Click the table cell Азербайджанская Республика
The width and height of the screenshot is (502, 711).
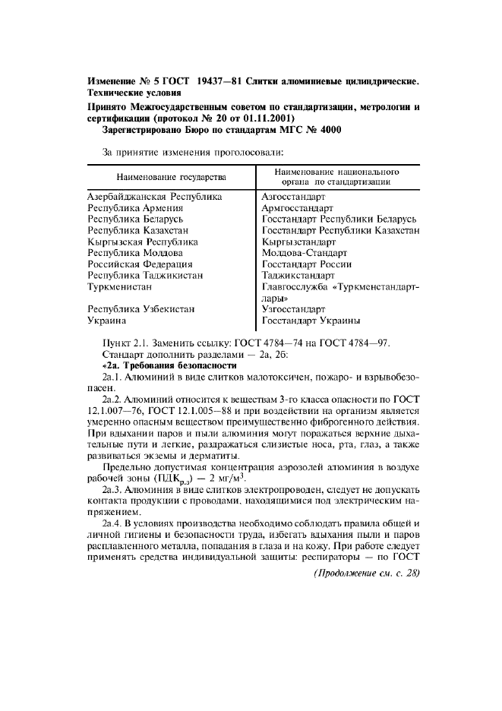click(x=155, y=197)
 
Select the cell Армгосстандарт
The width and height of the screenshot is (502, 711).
click(x=297, y=207)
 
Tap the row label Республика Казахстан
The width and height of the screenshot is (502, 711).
click(x=138, y=230)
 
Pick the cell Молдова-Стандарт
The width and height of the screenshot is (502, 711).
click(x=304, y=252)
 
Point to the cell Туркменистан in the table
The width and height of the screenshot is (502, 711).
click(x=120, y=286)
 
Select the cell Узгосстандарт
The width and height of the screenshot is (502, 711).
click(x=293, y=310)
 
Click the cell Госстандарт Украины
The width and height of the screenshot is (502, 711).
click(x=311, y=321)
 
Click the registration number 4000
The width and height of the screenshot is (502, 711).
click(x=329, y=130)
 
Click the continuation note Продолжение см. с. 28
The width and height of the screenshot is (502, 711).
click(x=366, y=574)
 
